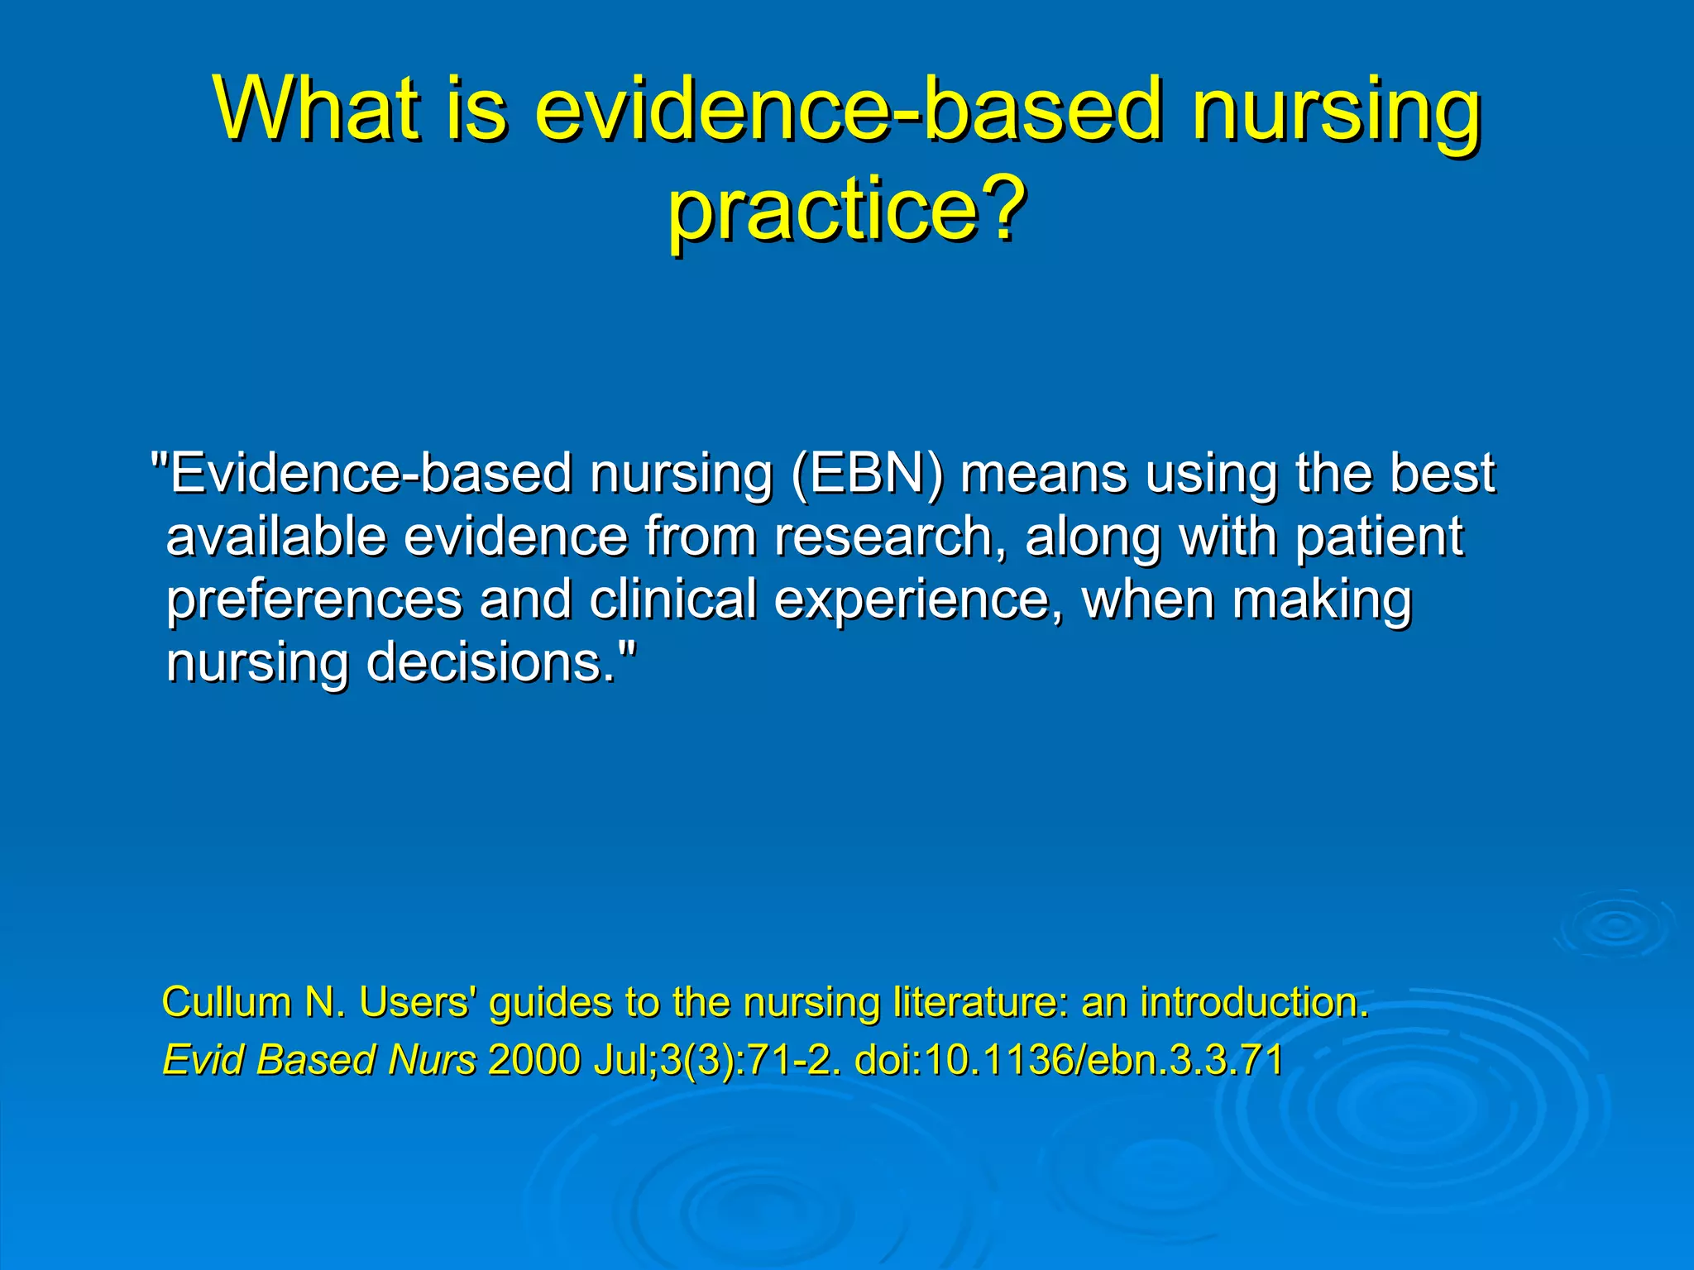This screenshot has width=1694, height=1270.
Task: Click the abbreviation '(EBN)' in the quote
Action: pyautogui.click(x=866, y=474)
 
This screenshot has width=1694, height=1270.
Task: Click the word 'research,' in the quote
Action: pyautogui.click(x=890, y=537)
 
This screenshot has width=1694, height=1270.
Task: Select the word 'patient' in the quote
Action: pyautogui.click(x=1379, y=537)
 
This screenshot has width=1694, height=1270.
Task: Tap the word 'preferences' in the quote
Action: pyautogui.click(x=313, y=599)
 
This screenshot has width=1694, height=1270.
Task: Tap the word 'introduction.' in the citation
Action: pyautogui.click(x=1254, y=1002)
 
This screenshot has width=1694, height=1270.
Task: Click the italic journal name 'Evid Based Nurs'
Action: pyautogui.click(x=319, y=1060)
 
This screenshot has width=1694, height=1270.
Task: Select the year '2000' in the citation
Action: pyautogui.click(x=534, y=1060)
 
